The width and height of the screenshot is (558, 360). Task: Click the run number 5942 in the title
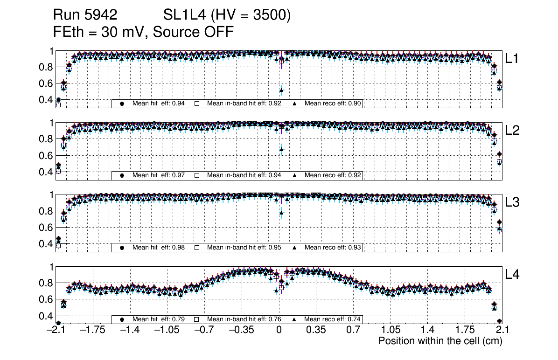101,15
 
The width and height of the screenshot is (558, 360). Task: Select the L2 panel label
512,130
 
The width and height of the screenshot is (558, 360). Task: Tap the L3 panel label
512,202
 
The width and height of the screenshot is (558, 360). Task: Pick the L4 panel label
512,275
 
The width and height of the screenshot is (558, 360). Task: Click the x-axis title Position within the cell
440,341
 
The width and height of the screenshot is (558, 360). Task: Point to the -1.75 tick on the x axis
92,330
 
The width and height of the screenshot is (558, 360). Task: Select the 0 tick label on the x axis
279,330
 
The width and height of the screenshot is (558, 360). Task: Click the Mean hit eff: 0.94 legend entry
154,104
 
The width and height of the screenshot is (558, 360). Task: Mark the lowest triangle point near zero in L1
281,90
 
